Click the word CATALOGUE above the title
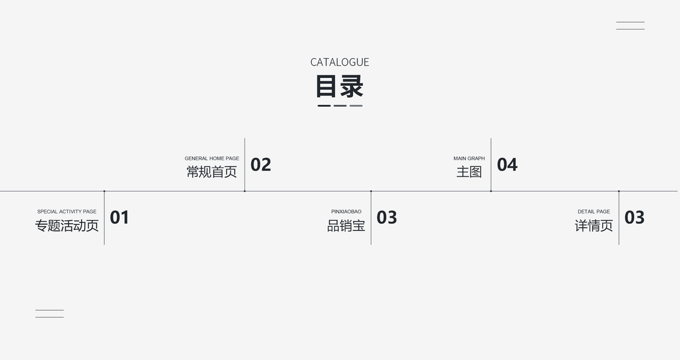point(339,62)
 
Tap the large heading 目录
point(339,86)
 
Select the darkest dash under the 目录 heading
point(324,106)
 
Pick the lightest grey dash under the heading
point(356,106)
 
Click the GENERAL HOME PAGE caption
point(212,158)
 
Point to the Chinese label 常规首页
point(212,172)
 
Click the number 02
point(261,164)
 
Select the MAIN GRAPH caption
point(469,158)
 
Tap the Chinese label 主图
point(469,172)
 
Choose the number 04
point(507,164)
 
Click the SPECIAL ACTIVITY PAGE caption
point(67,212)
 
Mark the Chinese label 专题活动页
point(67,226)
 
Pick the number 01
point(119,217)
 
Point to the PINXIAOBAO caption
point(346,212)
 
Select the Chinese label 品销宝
point(346,226)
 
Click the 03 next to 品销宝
point(387,217)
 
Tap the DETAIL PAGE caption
point(594,212)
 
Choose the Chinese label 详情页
point(594,226)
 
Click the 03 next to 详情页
point(634,217)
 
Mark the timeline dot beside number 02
point(245,191)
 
